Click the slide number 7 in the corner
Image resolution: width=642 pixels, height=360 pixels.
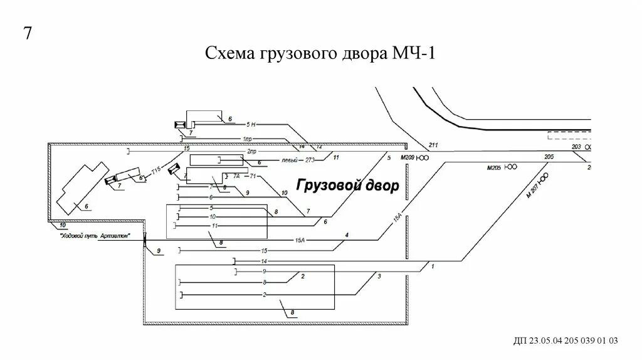pyautogui.click(x=28, y=33)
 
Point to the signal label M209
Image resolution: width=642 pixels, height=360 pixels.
pyautogui.click(x=409, y=158)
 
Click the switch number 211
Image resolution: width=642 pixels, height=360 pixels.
pyautogui.click(x=433, y=146)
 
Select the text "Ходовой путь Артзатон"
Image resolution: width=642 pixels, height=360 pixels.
pyautogui.click(x=95, y=237)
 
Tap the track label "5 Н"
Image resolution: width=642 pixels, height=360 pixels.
pyautogui.click(x=251, y=125)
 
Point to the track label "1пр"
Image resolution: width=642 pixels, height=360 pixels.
pyautogui.click(x=246, y=138)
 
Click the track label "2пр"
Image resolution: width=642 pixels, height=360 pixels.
pyautogui.click(x=251, y=152)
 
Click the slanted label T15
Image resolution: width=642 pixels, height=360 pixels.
pyautogui.click(x=155, y=170)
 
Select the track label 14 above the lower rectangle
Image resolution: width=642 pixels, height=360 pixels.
pyautogui.click(x=264, y=261)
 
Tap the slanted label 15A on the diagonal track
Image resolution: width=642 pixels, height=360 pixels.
pyautogui.click(x=397, y=219)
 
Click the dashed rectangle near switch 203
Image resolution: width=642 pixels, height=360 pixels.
pyautogui.click(x=568, y=134)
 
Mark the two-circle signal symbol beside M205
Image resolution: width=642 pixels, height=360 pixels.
pyautogui.click(x=512, y=167)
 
